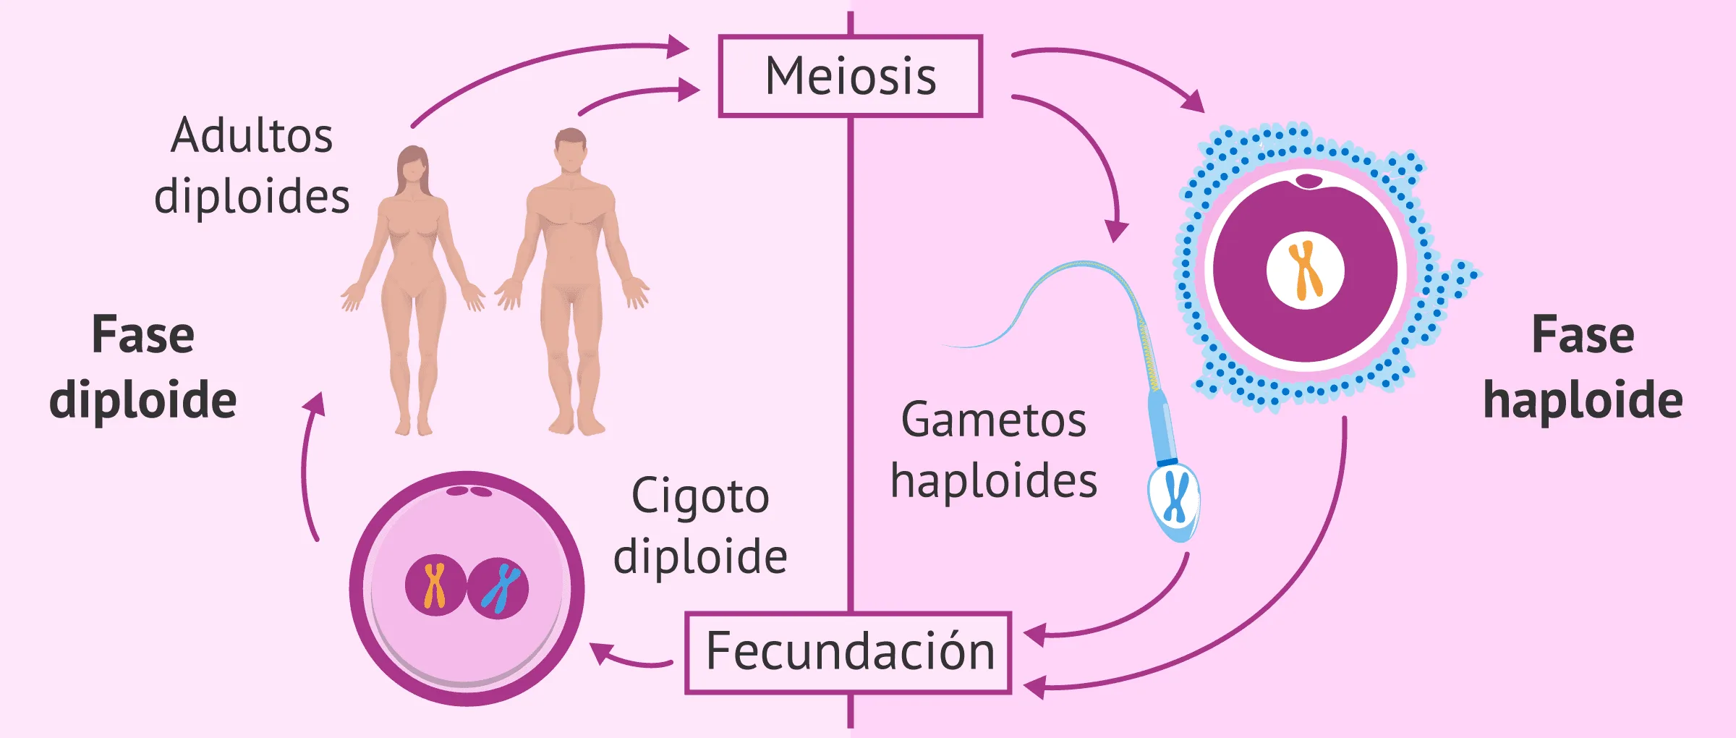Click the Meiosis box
point(850,76)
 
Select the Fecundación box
point(848,652)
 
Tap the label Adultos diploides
point(252,166)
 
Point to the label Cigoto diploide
point(700,526)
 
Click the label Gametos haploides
point(994,450)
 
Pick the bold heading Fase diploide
point(143,368)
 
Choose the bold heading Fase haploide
point(1583,368)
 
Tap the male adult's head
point(571,150)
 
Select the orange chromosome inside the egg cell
point(1306,270)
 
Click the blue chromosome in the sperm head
point(1175,497)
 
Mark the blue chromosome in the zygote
point(500,588)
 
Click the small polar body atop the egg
point(1309,180)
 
